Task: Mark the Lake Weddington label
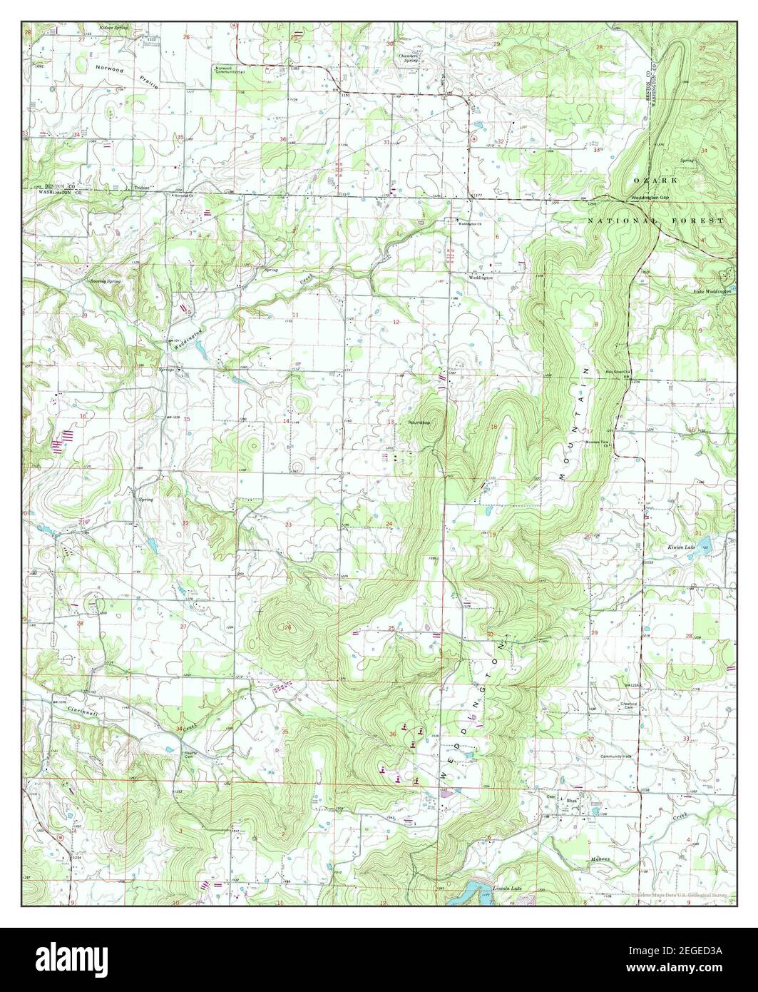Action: tap(712, 292)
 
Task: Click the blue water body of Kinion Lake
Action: tap(702, 550)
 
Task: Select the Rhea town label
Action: tap(570, 801)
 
